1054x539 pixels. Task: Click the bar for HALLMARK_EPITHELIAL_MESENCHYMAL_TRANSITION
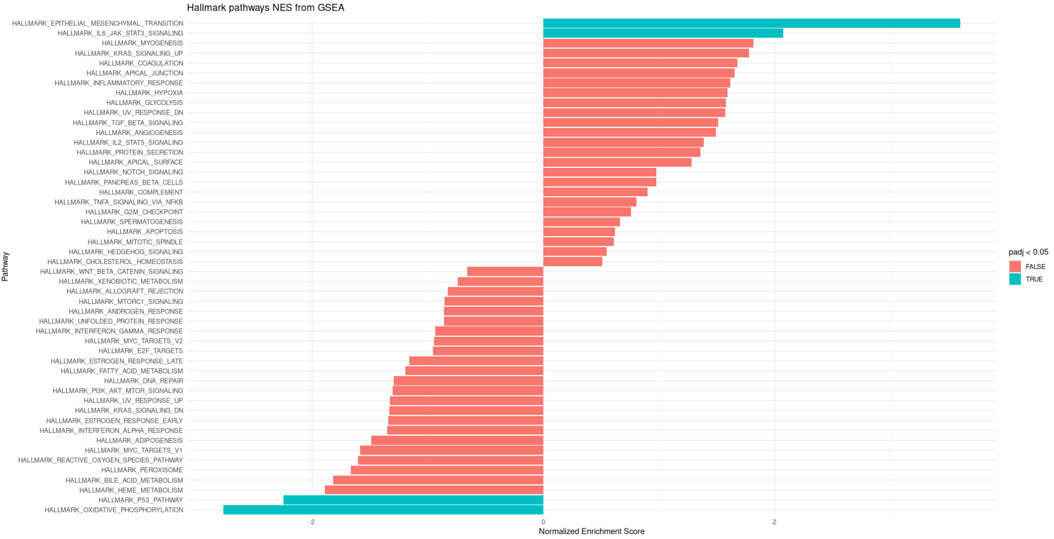tap(751, 23)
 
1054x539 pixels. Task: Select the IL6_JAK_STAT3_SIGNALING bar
tap(662, 33)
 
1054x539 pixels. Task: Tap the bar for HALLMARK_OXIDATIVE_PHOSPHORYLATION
tap(383, 510)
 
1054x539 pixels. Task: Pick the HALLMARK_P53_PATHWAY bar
tap(413, 500)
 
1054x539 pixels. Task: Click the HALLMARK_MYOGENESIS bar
tap(648, 43)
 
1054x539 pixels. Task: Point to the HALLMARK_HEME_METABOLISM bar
tap(434, 490)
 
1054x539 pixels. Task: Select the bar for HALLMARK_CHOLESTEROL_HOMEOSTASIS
tap(572, 262)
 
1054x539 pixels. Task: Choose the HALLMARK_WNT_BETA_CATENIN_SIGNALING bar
tap(505, 272)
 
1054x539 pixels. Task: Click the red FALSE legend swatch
tap(1015, 267)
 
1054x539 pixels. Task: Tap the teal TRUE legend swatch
tap(1015, 279)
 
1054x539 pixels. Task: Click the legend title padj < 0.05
tap(1028, 252)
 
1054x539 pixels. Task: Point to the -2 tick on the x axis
tap(311, 522)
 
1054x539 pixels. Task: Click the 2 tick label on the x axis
tap(774, 522)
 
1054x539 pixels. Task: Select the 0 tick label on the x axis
tap(543, 522)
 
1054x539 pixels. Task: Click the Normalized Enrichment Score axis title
tap(591, 531)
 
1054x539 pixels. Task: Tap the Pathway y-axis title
tap(5, 267)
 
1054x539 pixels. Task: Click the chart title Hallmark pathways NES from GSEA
tap(265, 8)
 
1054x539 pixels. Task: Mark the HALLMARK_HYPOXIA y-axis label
tap(149, 93)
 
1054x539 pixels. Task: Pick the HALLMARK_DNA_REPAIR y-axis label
tap(143, 381)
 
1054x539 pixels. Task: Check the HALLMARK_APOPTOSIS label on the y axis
tap(145, 232)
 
